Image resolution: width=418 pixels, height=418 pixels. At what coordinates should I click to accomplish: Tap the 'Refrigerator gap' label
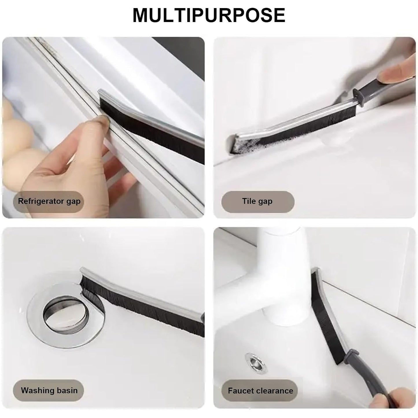[x=49, y=201]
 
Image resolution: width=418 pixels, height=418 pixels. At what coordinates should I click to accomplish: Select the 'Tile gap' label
[x=257, y=201]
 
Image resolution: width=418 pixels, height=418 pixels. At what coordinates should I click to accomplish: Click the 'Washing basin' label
[x=49, y=391]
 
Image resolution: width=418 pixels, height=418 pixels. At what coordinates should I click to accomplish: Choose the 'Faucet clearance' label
[x=260, y=391]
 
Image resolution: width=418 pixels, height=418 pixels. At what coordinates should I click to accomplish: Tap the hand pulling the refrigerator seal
[x=75, y=156]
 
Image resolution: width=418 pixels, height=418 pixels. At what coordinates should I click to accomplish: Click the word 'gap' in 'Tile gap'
[x=265, y=202]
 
